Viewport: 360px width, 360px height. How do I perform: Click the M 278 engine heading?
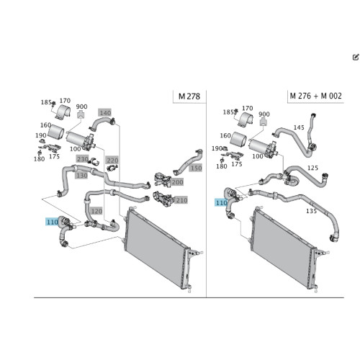[189, 96]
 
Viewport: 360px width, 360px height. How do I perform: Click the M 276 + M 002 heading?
[315, 96]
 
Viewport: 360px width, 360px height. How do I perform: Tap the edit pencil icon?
[356, 57]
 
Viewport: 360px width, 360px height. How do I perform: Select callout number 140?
[105, 112]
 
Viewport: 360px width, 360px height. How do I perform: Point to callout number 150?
[196, 168]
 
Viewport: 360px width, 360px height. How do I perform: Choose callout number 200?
[177, 182]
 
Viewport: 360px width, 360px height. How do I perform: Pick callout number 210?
[181, 200]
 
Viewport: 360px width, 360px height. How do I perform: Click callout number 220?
[112, 160]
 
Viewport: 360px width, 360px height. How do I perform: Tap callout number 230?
[83, 159]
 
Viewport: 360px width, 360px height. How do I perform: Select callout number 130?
[81, 176]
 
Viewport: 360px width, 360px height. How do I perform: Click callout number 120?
[96, 211]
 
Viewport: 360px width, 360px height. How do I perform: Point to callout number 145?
[299, 127]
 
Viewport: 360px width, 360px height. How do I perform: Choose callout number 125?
[312, 168]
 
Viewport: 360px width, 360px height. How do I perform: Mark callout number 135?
[311, 211]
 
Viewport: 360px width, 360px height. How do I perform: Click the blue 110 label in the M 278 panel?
[52, 222]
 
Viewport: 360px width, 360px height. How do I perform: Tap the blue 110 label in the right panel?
[221, 203]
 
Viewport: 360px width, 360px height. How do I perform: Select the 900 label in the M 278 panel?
[81, 107]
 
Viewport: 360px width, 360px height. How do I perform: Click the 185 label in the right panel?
[228, 112]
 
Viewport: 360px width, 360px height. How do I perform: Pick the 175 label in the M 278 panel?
[54, 156]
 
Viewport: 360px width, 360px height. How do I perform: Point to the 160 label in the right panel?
[225, 135]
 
